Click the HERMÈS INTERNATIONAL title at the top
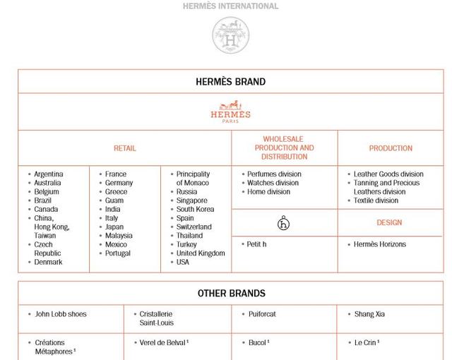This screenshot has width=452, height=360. [230, 6]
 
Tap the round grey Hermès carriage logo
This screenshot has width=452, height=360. [231, 35]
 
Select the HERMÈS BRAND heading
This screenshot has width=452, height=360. [230, 82]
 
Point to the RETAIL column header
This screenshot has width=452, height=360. [124, 148]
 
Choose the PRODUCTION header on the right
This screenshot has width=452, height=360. [391, 148]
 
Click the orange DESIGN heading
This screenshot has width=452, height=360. [389, 222]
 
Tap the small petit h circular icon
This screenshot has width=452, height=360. [284, 224]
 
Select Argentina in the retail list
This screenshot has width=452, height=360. [49, 174]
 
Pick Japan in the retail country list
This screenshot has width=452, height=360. [114, 227]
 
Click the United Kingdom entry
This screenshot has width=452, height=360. [201, 253]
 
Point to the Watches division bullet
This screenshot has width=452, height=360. [273, 183]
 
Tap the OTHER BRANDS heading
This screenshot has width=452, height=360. [230, 293]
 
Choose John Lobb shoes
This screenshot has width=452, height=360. [61, 314]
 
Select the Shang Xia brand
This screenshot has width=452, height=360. [370, 314]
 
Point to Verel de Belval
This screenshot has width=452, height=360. [162, 342]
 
